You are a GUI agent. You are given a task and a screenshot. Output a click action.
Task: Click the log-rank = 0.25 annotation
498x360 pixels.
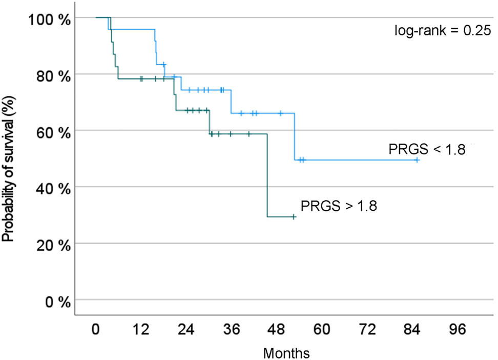(443, 31)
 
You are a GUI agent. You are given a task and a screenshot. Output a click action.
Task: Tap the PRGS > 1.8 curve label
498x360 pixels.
(339, 207)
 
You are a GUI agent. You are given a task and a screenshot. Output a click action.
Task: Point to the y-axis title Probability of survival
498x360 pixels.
(8, 161)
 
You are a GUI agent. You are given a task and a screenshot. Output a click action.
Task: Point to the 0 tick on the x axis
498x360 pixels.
(96, 330)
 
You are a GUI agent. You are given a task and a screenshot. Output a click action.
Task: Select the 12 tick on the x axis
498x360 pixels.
(141, 330)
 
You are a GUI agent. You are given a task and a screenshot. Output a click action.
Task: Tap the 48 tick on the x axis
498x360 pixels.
(277, 330)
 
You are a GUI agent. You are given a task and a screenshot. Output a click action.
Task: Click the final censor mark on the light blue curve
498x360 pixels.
(417, 160)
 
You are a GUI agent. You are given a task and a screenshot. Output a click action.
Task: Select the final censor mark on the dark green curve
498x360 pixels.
(294, 217)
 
